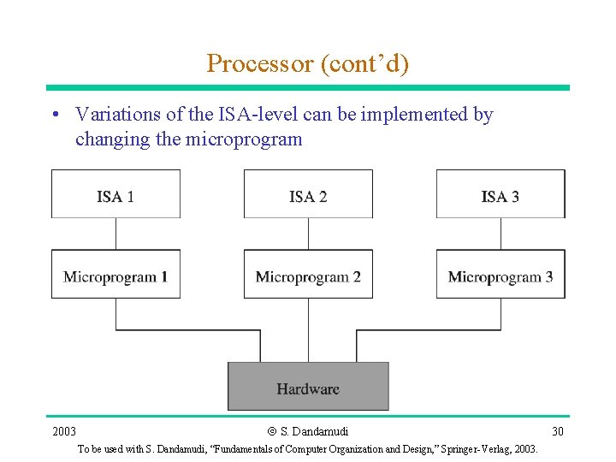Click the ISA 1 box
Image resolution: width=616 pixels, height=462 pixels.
coord(115,194)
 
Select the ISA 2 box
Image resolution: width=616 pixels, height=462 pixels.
coord(308,194)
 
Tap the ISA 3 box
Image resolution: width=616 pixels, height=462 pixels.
coord(500,194)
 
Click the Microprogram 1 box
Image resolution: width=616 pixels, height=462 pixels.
coord(115,275)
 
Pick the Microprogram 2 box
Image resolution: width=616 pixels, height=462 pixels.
coord(308,275)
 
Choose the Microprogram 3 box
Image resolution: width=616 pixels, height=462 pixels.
coord(500,275)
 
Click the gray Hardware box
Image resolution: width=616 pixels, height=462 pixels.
coord(308,387)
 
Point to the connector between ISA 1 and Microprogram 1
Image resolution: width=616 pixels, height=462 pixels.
coord(115,234)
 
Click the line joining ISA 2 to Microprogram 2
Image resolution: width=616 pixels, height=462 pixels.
coord(308,234)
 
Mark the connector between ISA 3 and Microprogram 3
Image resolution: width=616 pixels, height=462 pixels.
coord(500,234)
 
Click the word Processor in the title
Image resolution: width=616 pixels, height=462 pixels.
coord(260,64)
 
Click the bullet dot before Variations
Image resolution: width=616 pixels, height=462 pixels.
coord(55,115)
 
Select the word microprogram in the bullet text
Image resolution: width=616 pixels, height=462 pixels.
coord(244,139)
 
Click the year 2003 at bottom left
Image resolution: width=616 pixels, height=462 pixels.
coord(64,431)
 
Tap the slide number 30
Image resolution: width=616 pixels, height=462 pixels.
coord(557,431)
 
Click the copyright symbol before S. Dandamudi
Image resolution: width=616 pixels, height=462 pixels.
coord(272,431)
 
